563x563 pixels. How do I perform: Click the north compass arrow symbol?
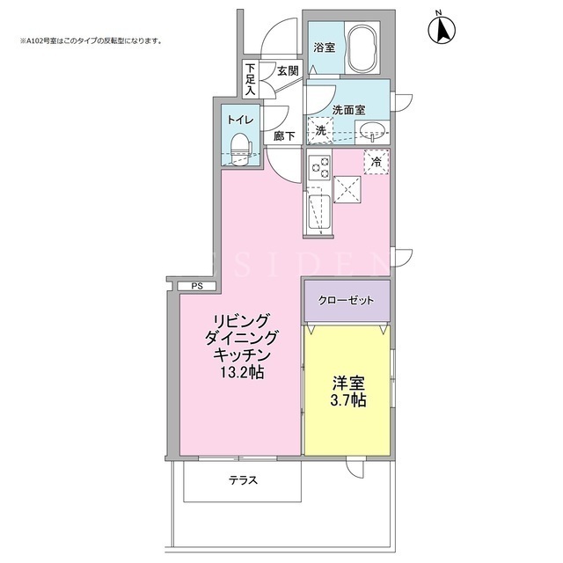pyautogui.click(x=442, y=29)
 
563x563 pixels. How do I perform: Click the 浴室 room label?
pyautogui.click(x=325, y=48)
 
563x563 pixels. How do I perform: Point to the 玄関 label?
pyautogui.click(x=288, y=70)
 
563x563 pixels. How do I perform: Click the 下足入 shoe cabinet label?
pyautogui.click(x=251, y=79)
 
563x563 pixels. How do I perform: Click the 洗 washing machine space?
pyautogui.click(x=320, y=131)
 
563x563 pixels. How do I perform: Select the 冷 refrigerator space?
pyautogui.click(x=377, y=162)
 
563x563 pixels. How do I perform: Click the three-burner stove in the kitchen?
pyautogui.click(x=319, y=167)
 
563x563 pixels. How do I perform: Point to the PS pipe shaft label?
pyautogui.click(x=197, y=286)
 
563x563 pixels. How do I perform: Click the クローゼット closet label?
pyautogui.click(x=346, y=300)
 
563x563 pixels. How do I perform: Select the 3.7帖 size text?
pyautogui.click(x=348, y=400)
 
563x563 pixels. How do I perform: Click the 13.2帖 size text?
pyautogui.click(x=242, y=373)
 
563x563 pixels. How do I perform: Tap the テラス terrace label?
pyautogui.click(x=244, y=480)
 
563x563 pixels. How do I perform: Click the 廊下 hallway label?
pyautogui.click(x=284, y=136)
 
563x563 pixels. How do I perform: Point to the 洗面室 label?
pyautogui.click(x=348, y=110)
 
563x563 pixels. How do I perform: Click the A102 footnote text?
pyautogui.click(x=91, y=41)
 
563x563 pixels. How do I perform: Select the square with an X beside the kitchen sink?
pyautogui.click(x=347, y=190)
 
